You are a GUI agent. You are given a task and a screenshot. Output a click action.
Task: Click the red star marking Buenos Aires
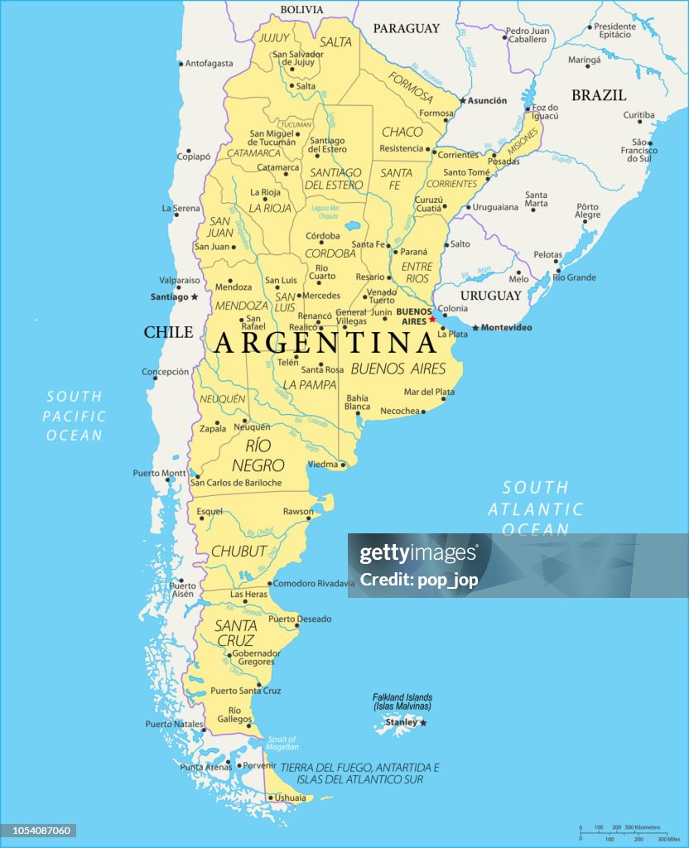431,319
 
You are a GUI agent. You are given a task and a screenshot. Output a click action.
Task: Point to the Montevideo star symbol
475,328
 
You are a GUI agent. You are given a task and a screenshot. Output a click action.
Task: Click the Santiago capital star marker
195,296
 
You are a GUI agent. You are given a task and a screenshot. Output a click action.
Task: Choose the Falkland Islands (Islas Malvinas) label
402,701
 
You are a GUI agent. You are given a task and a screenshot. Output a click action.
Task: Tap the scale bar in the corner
620,831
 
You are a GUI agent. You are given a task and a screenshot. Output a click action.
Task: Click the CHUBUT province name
238,551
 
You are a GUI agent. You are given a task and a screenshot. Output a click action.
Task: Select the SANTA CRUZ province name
235,633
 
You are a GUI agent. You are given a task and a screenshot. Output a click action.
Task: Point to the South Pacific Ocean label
75,416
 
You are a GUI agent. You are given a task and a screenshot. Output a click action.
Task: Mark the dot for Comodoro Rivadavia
269,584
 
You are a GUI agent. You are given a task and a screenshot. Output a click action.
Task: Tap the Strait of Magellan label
282,743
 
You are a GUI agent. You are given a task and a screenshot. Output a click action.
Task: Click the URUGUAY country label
491,296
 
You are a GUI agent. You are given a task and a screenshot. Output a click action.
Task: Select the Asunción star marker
463,101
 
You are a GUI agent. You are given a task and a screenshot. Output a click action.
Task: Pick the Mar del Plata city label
429,392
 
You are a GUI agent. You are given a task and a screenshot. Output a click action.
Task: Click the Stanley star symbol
423,723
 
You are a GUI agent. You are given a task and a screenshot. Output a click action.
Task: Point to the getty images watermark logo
418,553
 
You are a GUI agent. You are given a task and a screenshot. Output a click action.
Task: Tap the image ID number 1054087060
39,831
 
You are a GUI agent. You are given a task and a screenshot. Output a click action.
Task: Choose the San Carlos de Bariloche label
236,483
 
